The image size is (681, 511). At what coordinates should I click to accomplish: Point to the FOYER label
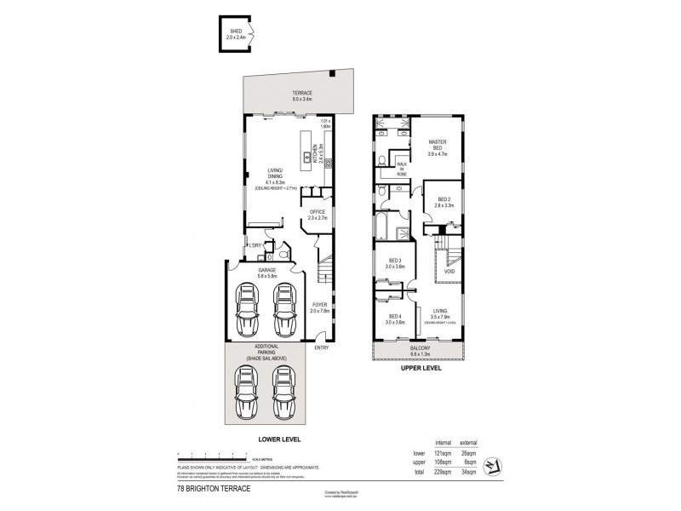point(320,305)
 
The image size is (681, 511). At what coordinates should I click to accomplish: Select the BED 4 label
point(394,319)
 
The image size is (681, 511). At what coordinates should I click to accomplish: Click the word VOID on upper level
point(449,272)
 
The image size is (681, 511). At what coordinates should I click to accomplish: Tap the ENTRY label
point(322,347)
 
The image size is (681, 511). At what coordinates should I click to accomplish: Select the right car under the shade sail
point(285,393)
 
